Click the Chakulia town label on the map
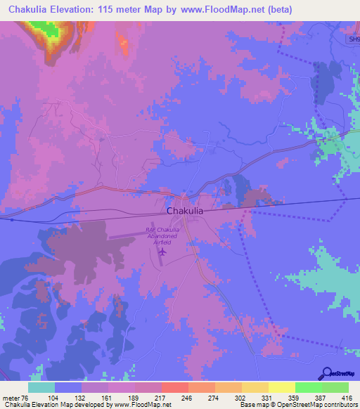pos(185,210)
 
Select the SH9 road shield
pos(354,39)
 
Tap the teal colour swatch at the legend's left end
pos(41,387)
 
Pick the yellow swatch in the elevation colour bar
pos(282,387)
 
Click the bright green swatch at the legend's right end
pos(335,387)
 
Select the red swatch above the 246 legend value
pos(174,387)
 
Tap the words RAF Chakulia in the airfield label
pos(163,229)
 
